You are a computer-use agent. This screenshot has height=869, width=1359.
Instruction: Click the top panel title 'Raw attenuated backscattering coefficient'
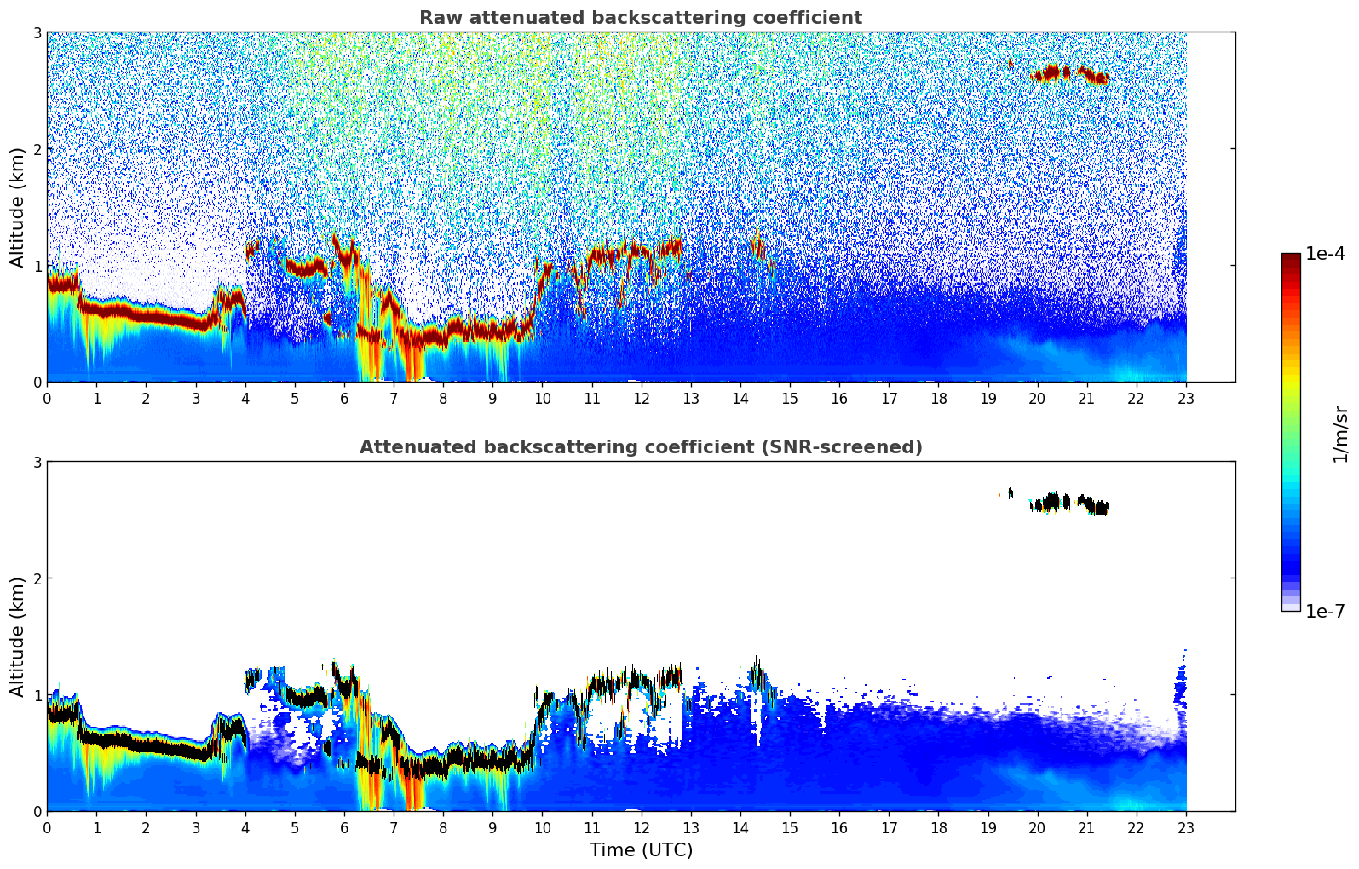(x=640, y=18)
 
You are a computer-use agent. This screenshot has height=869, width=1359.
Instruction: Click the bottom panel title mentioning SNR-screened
(x=640, y=447)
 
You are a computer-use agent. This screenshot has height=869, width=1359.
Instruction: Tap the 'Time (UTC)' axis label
(x=641, y=850)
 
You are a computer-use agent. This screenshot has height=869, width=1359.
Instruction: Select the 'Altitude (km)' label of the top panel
(x=17, y=207)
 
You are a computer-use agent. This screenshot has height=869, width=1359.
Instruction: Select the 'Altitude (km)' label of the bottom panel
(x=17, y=636)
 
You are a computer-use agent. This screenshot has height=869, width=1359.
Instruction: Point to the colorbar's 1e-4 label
(x=1325, y=254)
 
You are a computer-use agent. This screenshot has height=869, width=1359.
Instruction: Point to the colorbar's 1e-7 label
(x=1325, y=612)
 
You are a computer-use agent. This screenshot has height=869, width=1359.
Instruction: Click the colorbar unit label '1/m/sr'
(x=1340, y=434)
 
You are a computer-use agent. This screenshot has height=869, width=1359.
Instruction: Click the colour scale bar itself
(x=1290, y=432)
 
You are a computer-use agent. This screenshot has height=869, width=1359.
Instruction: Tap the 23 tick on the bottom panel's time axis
(x=1186, y=826)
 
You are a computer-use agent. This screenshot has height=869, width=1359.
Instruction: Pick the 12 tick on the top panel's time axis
(x=641, y=397)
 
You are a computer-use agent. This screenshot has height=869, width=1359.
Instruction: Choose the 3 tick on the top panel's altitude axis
(x=37, y=32)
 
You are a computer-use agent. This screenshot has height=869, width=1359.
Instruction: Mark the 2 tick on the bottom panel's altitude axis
(x=37, y=578)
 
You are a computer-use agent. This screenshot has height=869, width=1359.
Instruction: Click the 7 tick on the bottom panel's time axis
(x=394, y=826)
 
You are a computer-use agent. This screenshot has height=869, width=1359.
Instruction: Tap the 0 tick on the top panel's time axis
(x=47, y=397)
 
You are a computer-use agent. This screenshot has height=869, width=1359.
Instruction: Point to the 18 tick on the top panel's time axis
(x=938, y=397)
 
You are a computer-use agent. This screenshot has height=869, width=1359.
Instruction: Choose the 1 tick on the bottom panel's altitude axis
(x=37, y=695)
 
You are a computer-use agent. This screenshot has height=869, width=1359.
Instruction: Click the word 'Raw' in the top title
(x=437, y=18)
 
